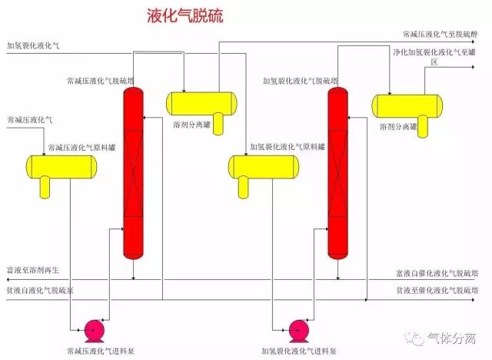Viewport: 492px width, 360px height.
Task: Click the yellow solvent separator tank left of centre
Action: [202, 102]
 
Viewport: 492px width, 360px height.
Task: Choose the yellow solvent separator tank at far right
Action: [407, 105]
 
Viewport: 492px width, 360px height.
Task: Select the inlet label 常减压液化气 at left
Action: [29, 120]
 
